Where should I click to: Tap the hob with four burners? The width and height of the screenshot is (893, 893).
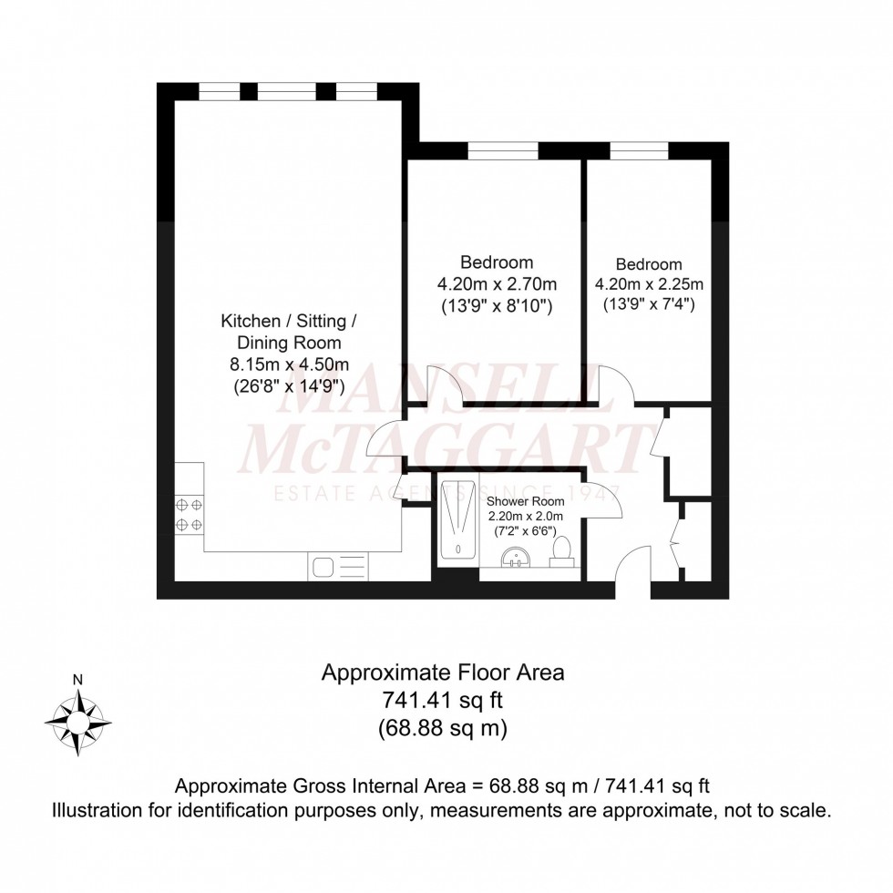click(x=190, y=514)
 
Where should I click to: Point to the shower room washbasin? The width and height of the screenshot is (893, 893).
click(x=516, y=558)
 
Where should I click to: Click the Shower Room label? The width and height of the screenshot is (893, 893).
click(x=525, y=501)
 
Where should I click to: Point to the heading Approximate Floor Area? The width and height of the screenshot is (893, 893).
click(x=444, y=673)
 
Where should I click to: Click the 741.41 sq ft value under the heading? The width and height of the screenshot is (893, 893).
click(x=444, y=701)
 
